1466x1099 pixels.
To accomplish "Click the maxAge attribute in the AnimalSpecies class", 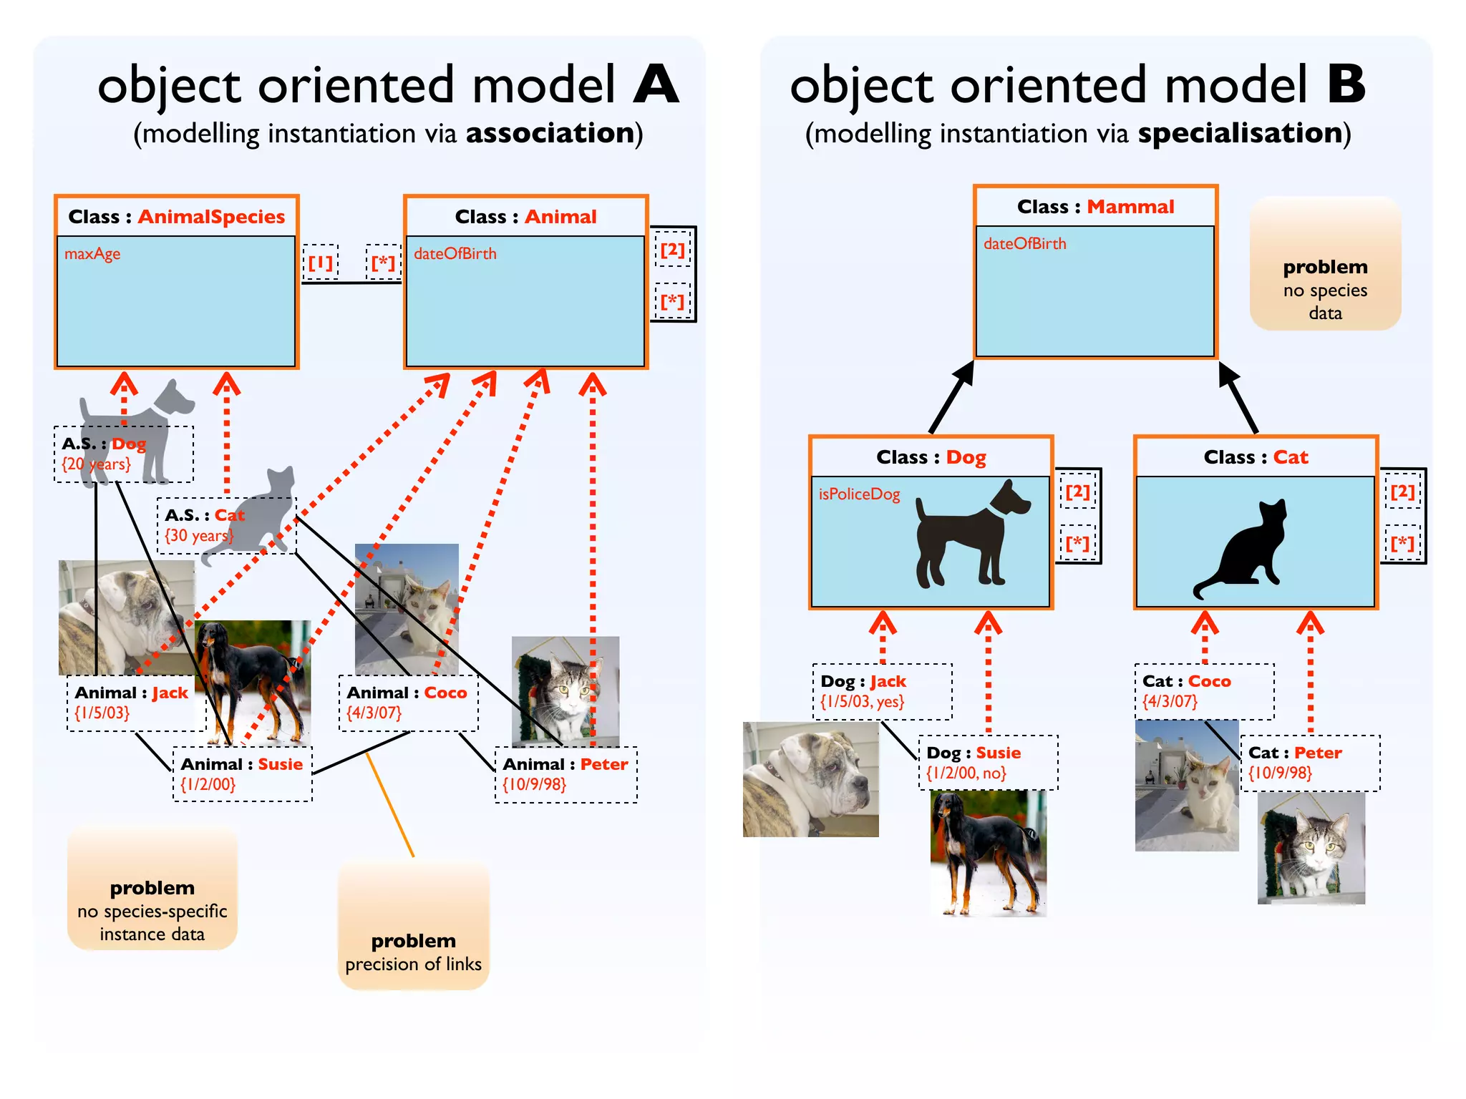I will pos(92,254).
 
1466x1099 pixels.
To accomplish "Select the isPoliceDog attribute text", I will pos(859,494).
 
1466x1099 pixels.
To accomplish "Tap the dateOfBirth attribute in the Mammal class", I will pos(1024,244).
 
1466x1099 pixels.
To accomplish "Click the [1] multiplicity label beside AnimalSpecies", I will pos(320,263).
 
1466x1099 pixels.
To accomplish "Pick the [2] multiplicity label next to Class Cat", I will pos(1402,492).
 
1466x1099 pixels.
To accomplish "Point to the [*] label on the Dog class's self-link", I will pos(1077,544).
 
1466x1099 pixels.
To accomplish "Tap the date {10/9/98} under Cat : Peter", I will pos(1280,773).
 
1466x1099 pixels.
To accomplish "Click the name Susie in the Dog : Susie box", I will pos(998,753).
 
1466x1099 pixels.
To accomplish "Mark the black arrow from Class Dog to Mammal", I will pos(952,397).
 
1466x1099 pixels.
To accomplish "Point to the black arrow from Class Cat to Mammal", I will pos(1238,397).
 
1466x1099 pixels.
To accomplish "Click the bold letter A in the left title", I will pos(655,84).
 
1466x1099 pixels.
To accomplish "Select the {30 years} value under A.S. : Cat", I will pos(198,535).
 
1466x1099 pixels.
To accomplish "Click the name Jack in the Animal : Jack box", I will pos(170,693).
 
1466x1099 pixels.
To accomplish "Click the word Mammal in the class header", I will pos(1130,207).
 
